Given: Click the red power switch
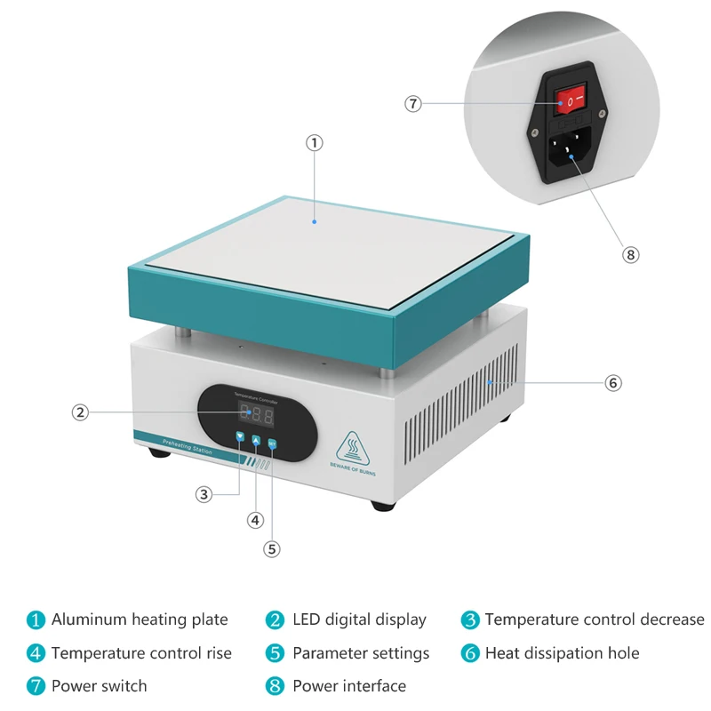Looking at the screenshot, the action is (x=570, y=100).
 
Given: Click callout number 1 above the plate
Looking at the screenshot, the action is (x=315, y=142).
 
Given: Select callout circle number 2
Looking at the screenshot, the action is (x=80, y=411).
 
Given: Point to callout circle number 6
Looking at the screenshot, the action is (x=613, y=383).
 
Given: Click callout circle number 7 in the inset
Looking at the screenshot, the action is (x=412, y=103).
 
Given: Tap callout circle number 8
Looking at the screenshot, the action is (x=630, y=254).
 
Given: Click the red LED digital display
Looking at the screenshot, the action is (x=256, y=414).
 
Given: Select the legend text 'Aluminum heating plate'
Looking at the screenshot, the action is (x=140, y=619).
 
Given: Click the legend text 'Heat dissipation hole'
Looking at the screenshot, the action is (x=562, y=653).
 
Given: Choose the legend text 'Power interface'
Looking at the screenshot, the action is (x=348, y=686).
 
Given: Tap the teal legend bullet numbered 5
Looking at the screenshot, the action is (x=276, y=653).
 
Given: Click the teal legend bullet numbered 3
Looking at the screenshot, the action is (x=470, y=619).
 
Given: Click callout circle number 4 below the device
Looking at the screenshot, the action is (x=256, y=520).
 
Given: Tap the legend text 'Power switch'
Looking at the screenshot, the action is (x=99, y=686).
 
